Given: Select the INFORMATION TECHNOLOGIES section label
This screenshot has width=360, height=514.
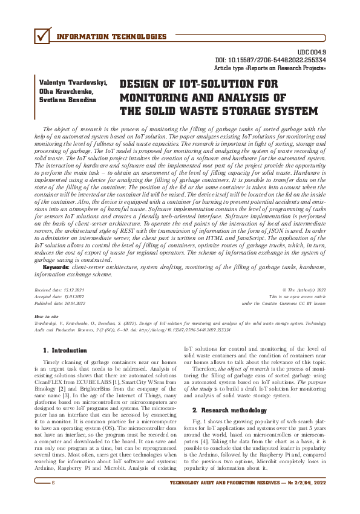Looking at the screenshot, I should tap(111, 37).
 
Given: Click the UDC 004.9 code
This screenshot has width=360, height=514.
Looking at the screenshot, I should tap(313, 53).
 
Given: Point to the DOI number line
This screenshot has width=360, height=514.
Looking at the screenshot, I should tap(271, 61).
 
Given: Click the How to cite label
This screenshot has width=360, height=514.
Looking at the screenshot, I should tap(47, 317).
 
